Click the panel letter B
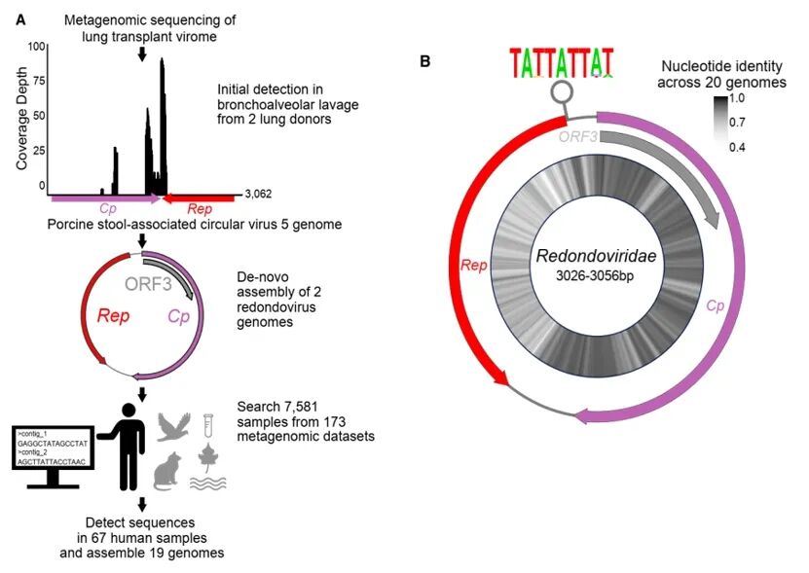pos(425,61)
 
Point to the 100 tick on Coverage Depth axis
pos(36,47)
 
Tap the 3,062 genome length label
pos(257,195)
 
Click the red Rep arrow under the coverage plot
pos(199,198)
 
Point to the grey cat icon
pos(171,472)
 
